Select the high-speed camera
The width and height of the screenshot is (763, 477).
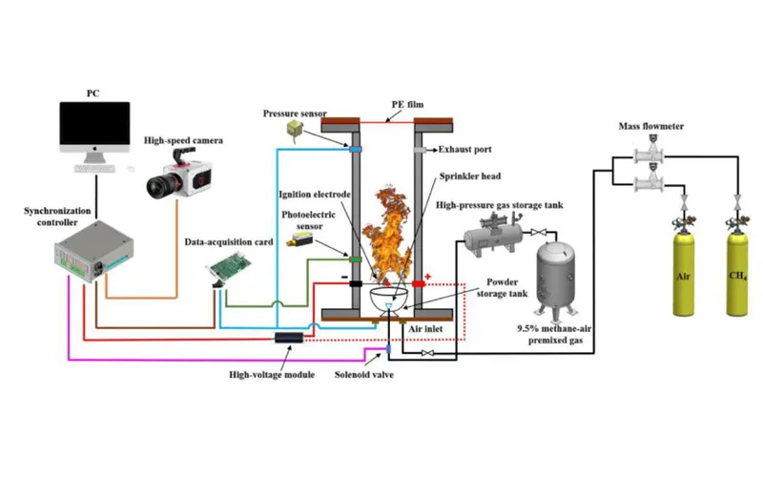pyautogui.click(x=180, y=176)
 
